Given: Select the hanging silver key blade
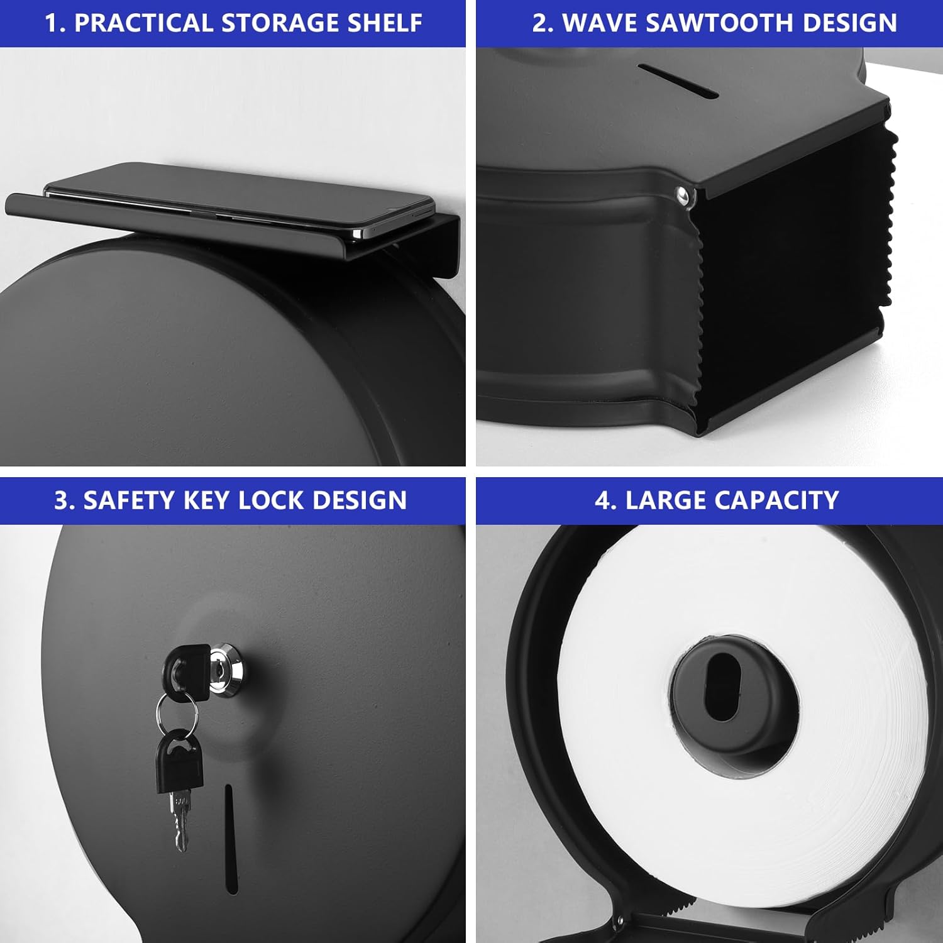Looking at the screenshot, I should [x=180, y=820].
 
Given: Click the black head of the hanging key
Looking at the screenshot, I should [x=180, y=764].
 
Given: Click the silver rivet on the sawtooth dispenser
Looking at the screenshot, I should [x=684, y=196].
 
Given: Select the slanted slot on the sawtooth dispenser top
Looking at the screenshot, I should [x=678, y=81].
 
